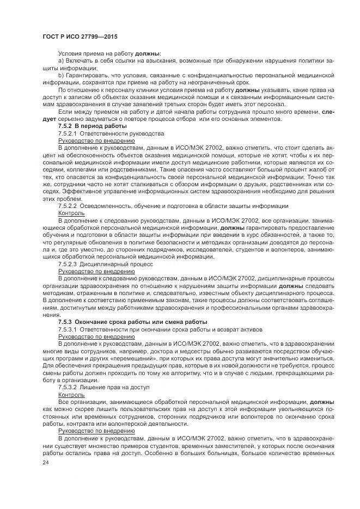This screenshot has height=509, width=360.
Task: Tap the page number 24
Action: coord(46,463)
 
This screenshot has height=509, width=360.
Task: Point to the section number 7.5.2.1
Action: coord(68,133)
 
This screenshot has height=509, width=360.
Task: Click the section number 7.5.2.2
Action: coord(68,206)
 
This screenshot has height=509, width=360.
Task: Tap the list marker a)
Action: coord(61,61)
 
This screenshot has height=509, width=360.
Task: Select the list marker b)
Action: coord(61,75)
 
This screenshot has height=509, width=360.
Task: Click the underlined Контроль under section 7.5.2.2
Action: coord(71,213)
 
